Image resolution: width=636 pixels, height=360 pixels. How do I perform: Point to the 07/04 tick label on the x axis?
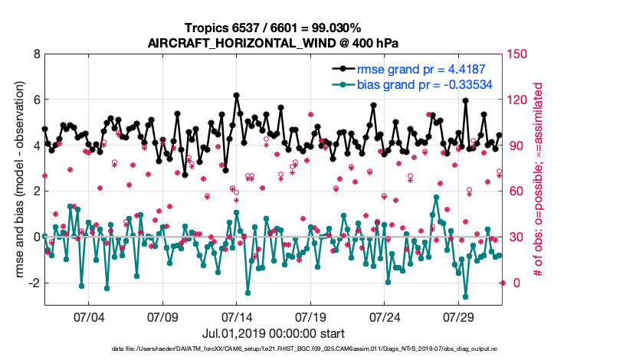point(89,317)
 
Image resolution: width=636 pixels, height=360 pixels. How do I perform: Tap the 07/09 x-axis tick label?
point(162,317)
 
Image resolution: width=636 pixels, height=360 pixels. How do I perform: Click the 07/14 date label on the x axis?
point(237,317)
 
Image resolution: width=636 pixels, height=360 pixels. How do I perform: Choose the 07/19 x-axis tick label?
point(310,317)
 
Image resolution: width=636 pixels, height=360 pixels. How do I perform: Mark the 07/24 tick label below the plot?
point(384,317)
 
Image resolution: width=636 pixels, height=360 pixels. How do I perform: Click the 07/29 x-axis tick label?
point(458,317)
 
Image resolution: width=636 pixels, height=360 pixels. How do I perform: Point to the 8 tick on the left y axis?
point(35,54)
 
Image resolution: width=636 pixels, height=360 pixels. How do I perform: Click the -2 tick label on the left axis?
point(33,283)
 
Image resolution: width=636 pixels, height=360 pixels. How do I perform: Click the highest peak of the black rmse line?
point(237,95)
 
